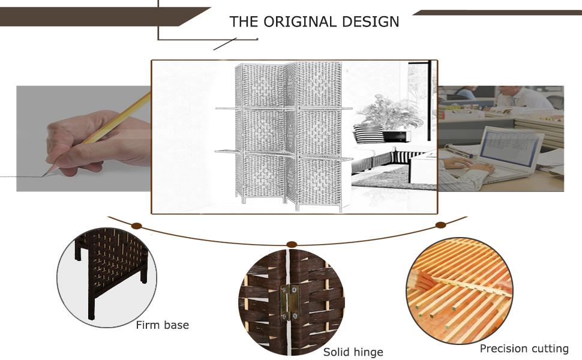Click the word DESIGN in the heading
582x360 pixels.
370,22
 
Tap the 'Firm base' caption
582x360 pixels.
162,325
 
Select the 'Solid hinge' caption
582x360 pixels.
353,352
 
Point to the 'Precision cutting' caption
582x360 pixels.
524,349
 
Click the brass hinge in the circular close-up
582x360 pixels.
290,302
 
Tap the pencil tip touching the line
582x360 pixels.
44,175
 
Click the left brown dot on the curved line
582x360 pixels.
137,226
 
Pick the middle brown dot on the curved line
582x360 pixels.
292,244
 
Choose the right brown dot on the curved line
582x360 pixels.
440,225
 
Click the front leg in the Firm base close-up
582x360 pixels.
91,304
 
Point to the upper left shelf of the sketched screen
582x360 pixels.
229,108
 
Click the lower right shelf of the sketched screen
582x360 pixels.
326,158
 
